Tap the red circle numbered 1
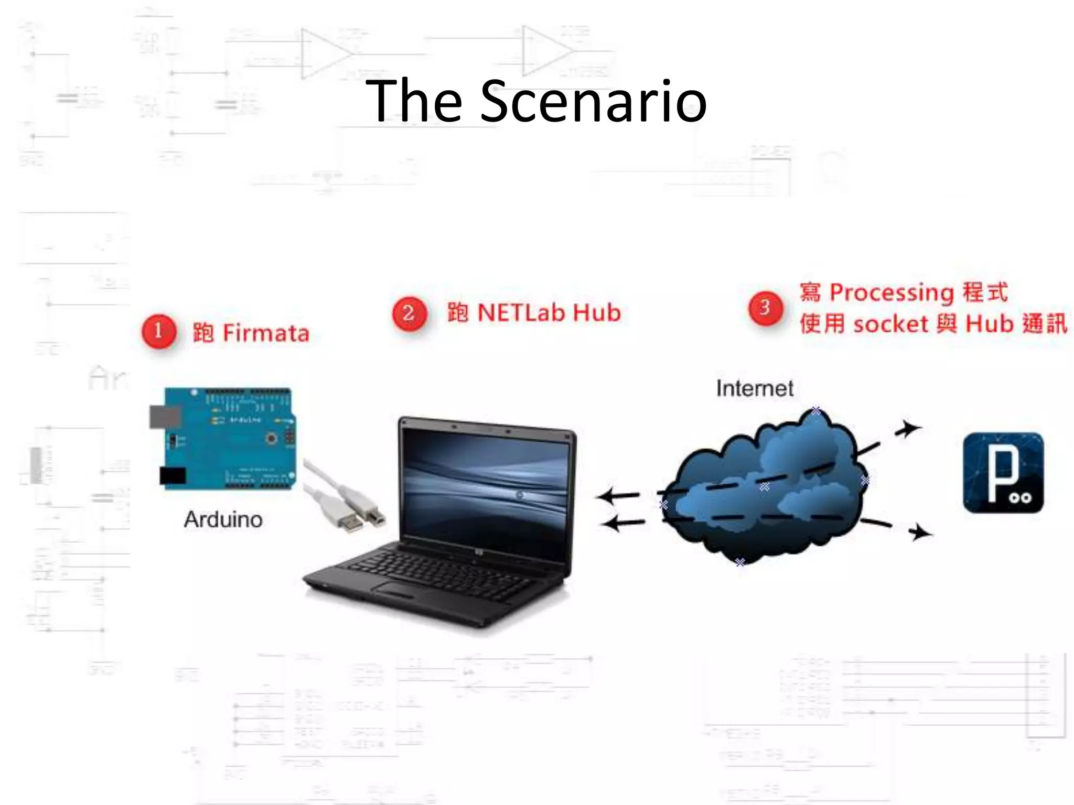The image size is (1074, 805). [x=158, y=331]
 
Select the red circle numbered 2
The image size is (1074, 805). [x=410, y=313]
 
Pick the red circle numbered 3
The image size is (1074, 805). [x=765, y=308]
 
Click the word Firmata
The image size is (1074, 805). [x=266, y=334]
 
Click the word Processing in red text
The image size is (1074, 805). [x=892, y=293]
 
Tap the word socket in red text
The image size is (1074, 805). [x=890, y=324]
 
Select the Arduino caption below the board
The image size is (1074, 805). [x=223, y=519]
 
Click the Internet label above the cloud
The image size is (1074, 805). [x=755, y=388]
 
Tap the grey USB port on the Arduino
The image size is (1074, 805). [x=164, y=417]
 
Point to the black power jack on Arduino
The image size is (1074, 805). [x=173, y=476]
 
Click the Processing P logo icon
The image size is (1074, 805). [x=1003, y=473]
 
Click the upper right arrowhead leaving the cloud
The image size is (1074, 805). [x=909, y=428]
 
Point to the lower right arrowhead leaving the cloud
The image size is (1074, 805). [x=920, y=533]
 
